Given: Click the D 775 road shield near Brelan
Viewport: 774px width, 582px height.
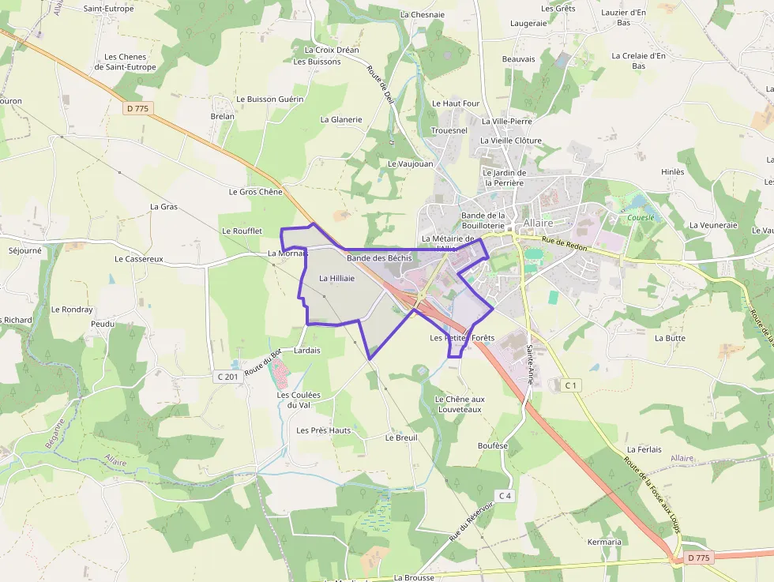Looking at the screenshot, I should pyautogui.click(x=139, y=107).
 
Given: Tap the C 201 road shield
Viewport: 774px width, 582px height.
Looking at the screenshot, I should pyautogui.click(x=227, y=377).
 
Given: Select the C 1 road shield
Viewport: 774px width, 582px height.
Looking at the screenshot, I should pyautogui.click(x=571, y=385).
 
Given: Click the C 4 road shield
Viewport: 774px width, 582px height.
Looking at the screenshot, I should pyautogui.click(x=505, y=495).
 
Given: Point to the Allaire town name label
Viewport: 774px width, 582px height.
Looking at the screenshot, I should pyautogui.click(x=539, y=223).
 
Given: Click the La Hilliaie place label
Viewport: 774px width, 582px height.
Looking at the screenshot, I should pyautogui.click(x=336, y=278).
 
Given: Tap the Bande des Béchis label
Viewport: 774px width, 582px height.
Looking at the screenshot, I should pyautogui.click(x=379, y=258).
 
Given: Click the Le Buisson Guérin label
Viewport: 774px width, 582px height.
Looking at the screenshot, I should pyautogui.click(x=269, y=100).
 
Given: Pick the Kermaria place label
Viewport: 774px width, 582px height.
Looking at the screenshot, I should pyautogui.click(x=604, y=542).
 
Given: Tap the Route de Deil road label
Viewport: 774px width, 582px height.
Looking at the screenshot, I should pyautogui.click(x=379, y=84).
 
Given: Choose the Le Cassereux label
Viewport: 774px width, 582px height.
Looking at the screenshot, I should pyautogui.click(x=138, y=258).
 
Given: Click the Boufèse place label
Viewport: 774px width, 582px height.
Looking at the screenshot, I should pyautogui.click(x=493, y=445).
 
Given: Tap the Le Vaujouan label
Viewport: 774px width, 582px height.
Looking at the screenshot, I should pyautogui.click(x=411, y=163).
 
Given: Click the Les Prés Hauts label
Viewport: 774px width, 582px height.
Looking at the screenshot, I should pyautogui.click(x=323, y=430).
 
